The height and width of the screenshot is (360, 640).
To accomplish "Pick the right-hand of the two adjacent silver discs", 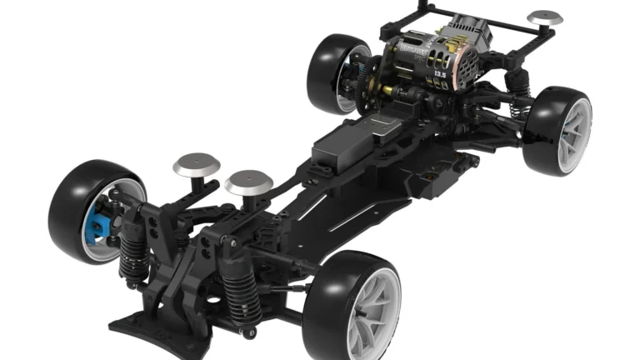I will (249, 181).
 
